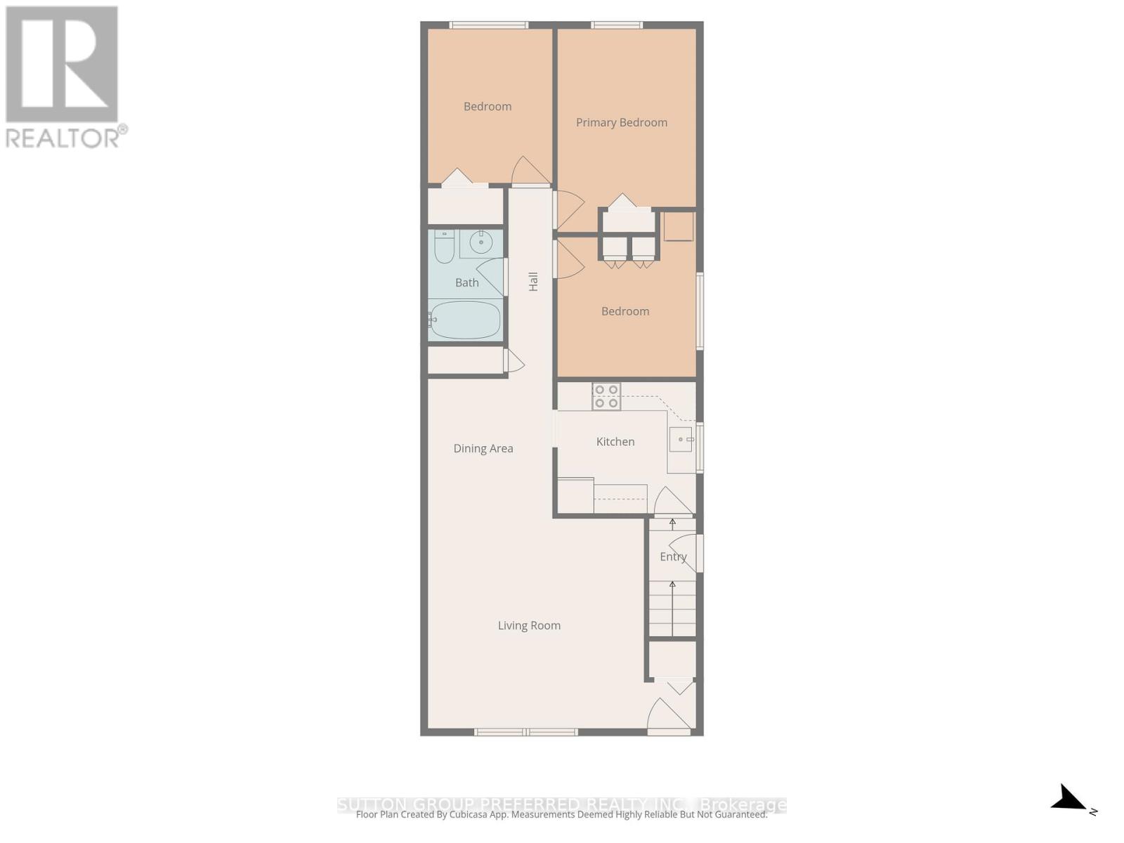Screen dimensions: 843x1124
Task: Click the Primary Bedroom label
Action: pos(622,122)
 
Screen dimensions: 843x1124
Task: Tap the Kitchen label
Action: pos(615,442)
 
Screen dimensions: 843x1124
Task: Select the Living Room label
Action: pos(529,625)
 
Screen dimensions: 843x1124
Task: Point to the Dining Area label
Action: pos(483,448)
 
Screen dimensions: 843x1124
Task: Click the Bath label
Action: pos(467,282)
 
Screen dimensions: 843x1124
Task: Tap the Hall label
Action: pos(533,282)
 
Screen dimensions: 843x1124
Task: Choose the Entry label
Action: pos(673,556)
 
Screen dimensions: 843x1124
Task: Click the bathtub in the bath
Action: pos(465,320)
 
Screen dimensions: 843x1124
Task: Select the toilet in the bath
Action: pos(444,247)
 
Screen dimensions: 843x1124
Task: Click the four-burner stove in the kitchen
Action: pos(606,396)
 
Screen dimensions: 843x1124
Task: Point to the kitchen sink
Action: pos(681,440)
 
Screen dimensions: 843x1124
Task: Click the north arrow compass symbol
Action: pos(1071,799)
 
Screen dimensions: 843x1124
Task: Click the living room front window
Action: pos(526,732)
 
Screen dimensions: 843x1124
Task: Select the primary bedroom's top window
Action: pos(617,25)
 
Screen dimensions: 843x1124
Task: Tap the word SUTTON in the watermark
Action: pos(372,804)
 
